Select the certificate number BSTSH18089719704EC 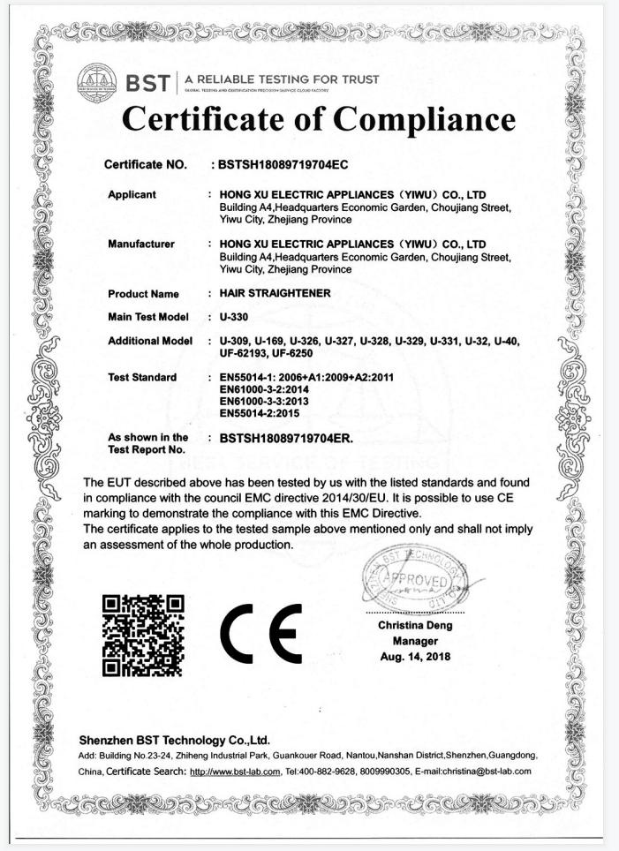pos(289,164)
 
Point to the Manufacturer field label pos(140,243)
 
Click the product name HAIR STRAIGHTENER pos(270,293)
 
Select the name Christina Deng pos(415,625)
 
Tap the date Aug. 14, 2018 pos(415,656)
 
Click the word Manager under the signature pos(415,641)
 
